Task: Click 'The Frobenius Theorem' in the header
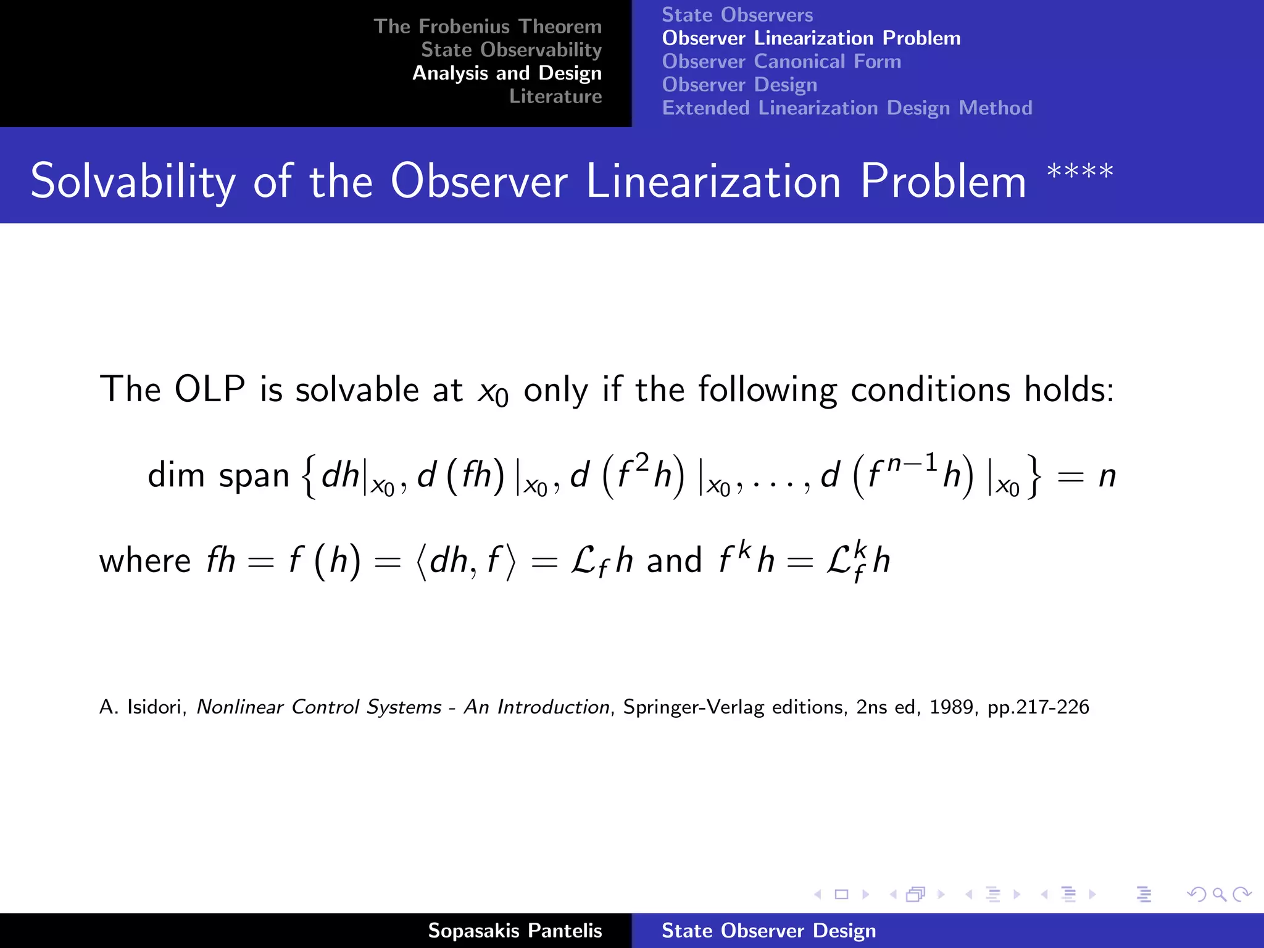pos(487,27)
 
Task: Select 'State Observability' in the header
pos(511,49)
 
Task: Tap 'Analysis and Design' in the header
pos(507,73)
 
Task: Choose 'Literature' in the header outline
pos(555,96)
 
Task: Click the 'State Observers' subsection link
pos(737,15)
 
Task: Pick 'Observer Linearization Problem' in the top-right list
pos(811,38)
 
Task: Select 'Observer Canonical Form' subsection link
pos(781,62)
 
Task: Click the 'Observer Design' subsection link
pos(739,85)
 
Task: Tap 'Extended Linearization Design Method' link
pos(847,108)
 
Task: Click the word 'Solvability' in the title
pos(133,181)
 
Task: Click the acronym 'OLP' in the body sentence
pos(210,389)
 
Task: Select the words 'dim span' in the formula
pos(218,475)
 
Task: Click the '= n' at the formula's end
pos(1086,476)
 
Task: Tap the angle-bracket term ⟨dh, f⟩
pos(466,561)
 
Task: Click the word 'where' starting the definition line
pos(145,561)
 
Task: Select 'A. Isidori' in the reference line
pos(142,707)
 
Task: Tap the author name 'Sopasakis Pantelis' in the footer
pos(515,931)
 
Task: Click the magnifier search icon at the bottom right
pos(1219,894)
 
